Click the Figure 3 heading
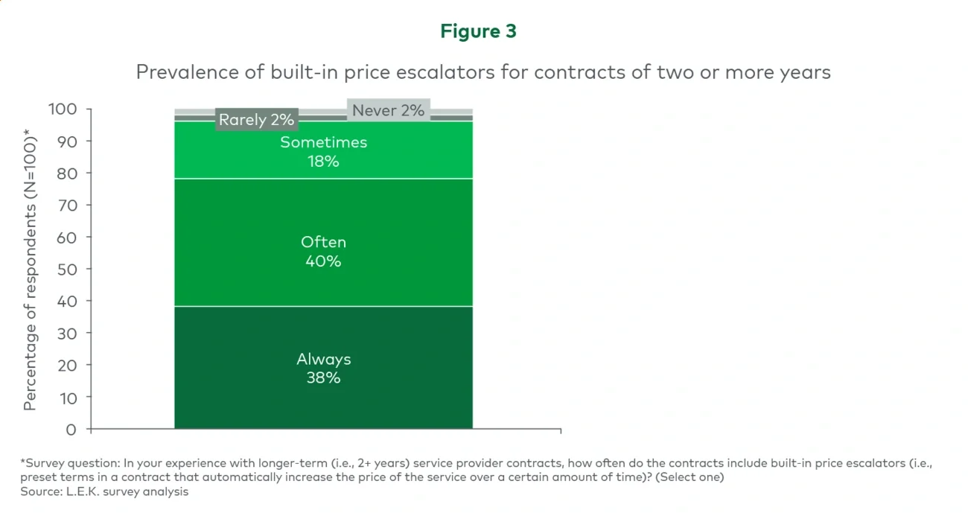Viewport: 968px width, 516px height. [x=478, y=31]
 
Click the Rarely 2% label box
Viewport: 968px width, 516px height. [x=256, y=119]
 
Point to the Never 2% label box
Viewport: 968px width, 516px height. [x=388, y=110]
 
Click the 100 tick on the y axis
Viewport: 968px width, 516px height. [x=63, y=109]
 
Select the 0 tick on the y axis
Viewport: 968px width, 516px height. [x=71, y=430]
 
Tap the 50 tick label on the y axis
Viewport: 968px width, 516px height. [x=67, y=269]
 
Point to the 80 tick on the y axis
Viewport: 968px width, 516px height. [x=67, y=173]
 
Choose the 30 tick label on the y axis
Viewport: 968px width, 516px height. [x=67, y=333]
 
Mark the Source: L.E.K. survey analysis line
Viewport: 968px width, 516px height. [x=104, y=492]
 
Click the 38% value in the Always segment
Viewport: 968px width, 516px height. [x=323, y=378]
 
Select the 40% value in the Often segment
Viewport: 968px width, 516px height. [x=323, y=261]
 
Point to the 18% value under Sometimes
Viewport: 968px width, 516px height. [x=323, y=162]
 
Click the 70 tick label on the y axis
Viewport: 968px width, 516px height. [x=67, y=205]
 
